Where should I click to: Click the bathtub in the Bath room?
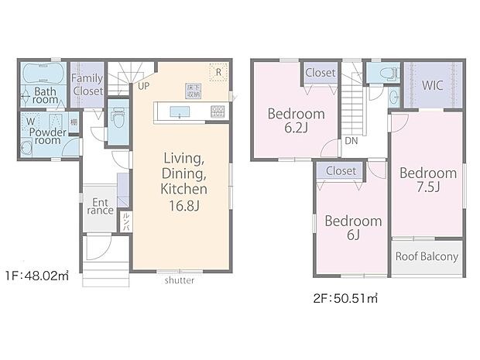click(x=43, y=76)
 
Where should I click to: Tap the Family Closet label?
click(x=87, y=84)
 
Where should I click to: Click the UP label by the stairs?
click(x=144, y=87)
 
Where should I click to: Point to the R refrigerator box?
click(x=219, y=71)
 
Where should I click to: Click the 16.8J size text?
click(x=183, y=205)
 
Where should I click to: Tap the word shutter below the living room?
click(x=179, y=280)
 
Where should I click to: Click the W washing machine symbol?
click(x=30, y=122)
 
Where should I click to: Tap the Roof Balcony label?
click(x=427, y=256)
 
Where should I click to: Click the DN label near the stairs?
click(x=351, y=142)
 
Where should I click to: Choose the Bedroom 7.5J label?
click(x=427, y=180)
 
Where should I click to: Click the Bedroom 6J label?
click(x=352, y=228)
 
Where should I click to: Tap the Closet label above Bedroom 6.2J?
click(x=320, y=73)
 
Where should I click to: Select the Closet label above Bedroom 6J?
click(x=341, y=170)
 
